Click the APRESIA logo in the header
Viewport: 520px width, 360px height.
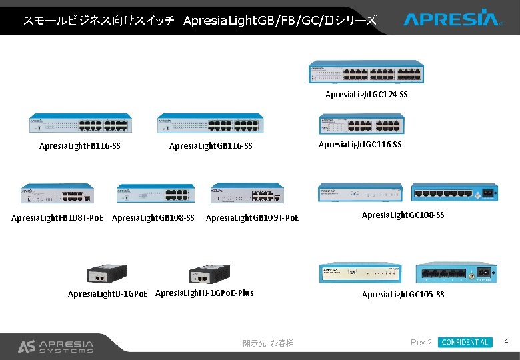pyautogui.click(x=451, y=18)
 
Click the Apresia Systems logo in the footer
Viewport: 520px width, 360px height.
pyautogui.click(x=55, y=346)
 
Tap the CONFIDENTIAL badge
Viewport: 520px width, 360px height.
pyautogui.click(x=465, y=342)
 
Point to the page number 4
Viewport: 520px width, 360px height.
pyautogui.click(x=507, y=342)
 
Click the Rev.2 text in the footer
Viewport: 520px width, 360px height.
pyautogui.click(x=421, y=343)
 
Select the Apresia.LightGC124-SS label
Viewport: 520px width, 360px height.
pyautogui.click(x=366, y=95)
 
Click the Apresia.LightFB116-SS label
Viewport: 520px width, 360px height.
pyautogui.click(x=79, y=145)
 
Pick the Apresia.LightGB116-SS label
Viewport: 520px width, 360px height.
pyautogui.click(x=211, y=145)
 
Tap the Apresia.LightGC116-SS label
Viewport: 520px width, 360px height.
pyautogui.click(x=360, y=144)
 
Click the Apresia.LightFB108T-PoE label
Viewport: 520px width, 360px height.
pyautogui.click(x=57, y=217)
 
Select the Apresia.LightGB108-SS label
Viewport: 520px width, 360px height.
pyautogui.click(x=153, y=217)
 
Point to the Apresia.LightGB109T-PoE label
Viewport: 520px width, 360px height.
pyautogui.click(x=253, y=217)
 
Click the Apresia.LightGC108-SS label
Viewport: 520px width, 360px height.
pyautogui.click(x=403, y=215)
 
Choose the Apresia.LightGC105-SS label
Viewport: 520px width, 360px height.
pyautogui.click(x=403, y=294)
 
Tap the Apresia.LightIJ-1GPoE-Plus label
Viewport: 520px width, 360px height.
pyautogui.click(x=204, y=293)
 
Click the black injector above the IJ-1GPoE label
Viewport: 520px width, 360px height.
pyautogui.click(x=107, y=274)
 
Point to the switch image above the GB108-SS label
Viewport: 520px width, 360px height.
pyautogui.click(x=155, y=193)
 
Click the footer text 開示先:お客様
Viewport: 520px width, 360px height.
pyautogui.click(x=268, y=343)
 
